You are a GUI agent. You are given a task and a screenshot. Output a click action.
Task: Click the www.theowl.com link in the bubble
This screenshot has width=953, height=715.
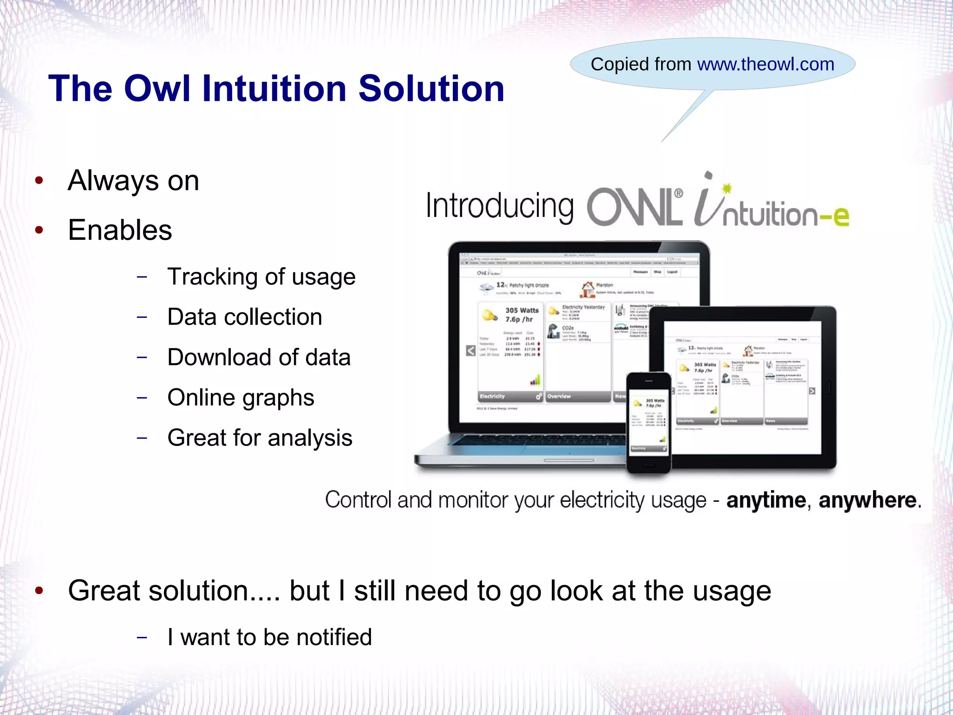click(x=765, y=64)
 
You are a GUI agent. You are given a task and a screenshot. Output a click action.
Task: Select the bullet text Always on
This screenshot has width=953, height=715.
click(x=134, y=181)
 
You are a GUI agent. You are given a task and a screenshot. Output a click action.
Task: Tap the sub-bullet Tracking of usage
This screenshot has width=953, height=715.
click(x=261, y=277)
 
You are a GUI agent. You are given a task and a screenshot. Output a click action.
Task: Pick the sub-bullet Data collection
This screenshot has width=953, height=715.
click(x=244, y=317)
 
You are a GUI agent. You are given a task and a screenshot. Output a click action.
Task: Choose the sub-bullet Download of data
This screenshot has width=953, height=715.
click(x=259, y=357)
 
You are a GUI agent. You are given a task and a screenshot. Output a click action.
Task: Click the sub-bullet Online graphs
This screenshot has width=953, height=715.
click(x=241, y=398)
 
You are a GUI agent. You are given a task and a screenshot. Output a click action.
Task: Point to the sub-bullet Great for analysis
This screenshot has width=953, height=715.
click(x=260, y=438)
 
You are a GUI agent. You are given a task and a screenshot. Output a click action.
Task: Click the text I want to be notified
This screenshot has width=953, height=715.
click(x=269, y=637)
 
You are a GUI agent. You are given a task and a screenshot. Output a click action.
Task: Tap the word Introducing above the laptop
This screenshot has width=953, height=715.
click(x=499, y=206)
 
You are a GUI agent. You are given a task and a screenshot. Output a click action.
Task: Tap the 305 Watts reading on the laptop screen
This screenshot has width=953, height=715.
click(x=522, y=310)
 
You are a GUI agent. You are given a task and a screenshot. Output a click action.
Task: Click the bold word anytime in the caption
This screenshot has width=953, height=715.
click(x=765, y=500)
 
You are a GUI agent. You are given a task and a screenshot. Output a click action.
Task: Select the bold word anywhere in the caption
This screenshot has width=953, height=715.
click(x=867, y=500)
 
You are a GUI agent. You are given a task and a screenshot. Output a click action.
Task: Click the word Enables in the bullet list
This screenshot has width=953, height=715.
click(x=120, y=230)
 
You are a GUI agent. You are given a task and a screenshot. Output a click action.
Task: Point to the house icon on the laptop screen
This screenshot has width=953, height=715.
click(x=587, y=289)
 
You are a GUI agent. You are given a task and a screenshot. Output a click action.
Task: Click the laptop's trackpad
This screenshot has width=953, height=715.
click(x=569, y=460)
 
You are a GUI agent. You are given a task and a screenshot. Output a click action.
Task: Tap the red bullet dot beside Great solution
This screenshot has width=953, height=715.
click(x=39, y=591)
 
